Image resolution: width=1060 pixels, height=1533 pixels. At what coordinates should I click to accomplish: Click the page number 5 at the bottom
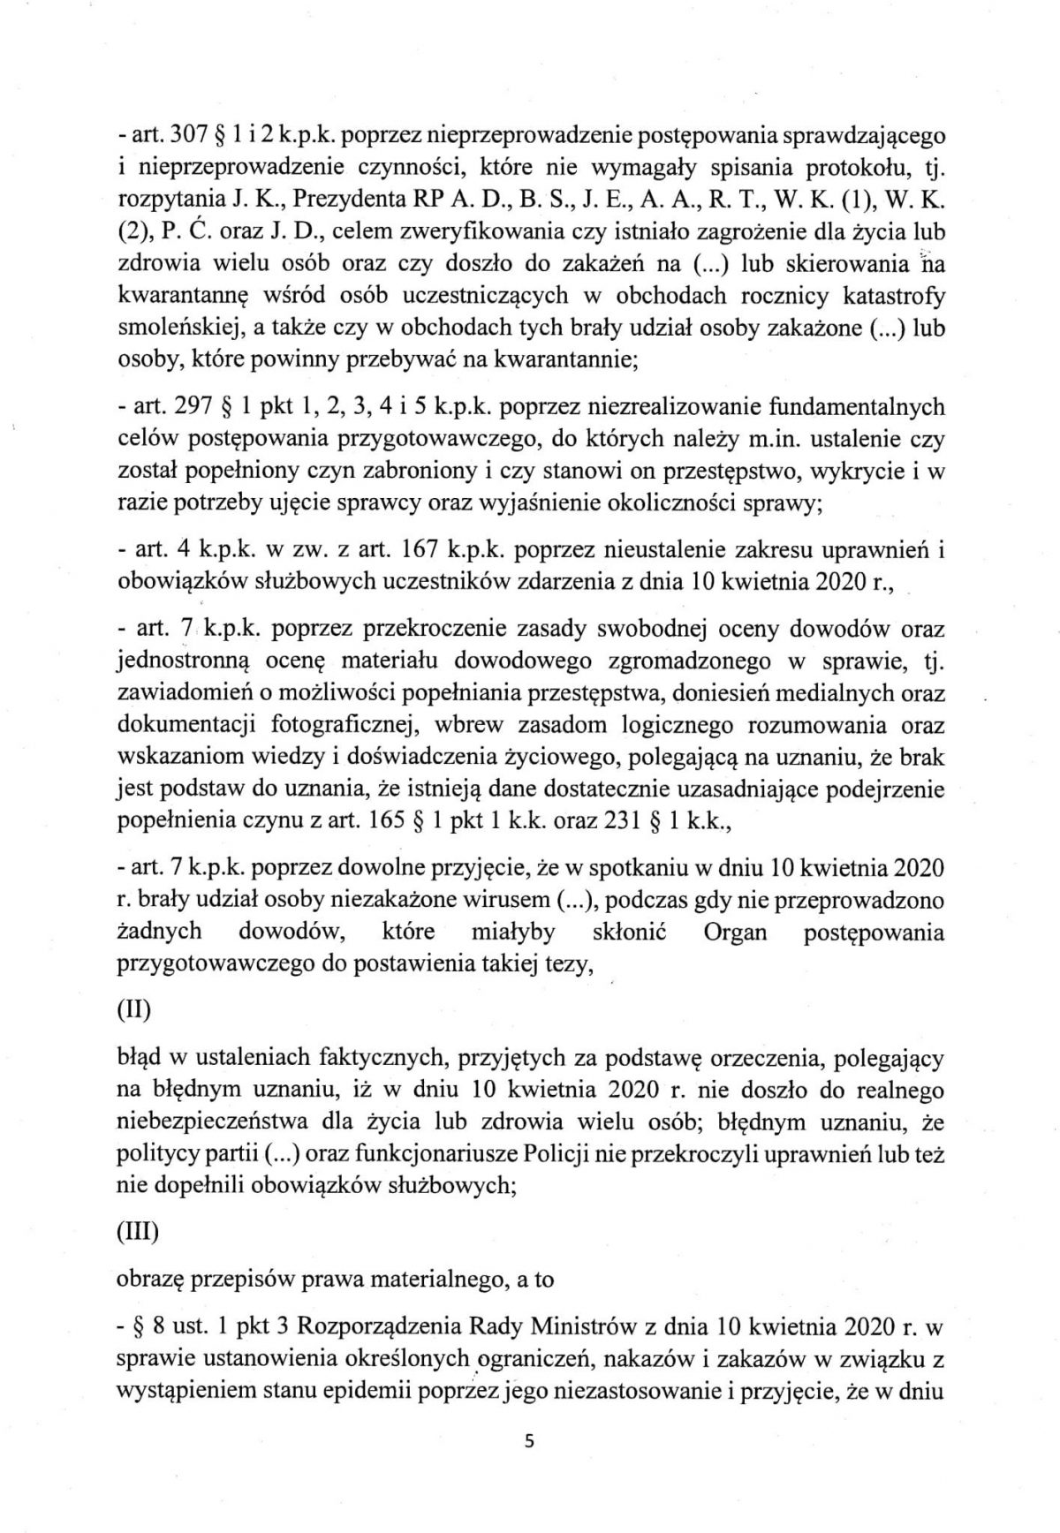tap(530, 1442)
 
